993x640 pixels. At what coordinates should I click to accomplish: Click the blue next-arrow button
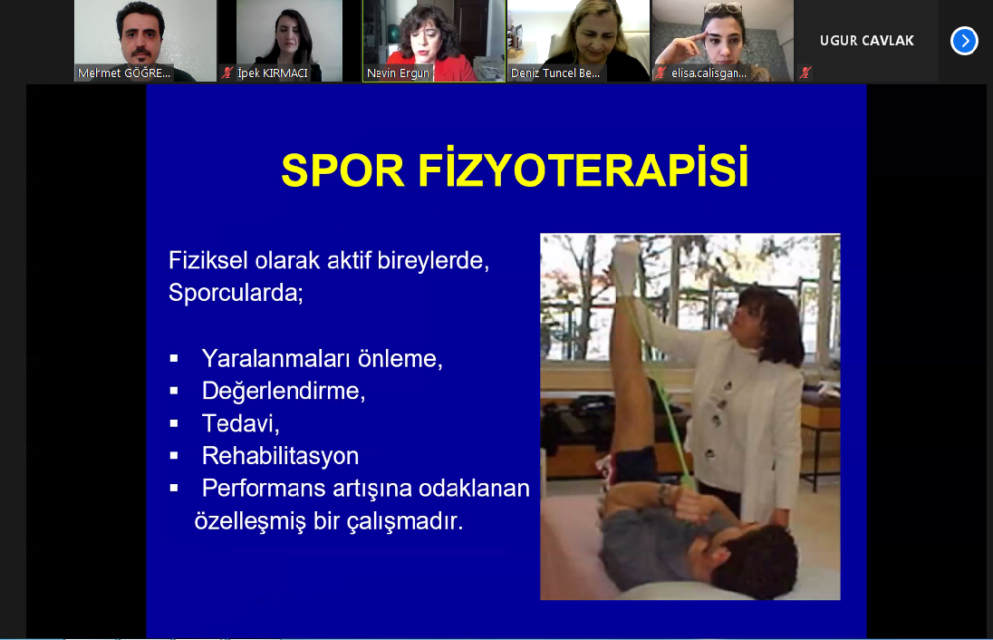click(x=964, y=41)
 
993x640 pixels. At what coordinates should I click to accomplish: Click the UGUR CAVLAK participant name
click(x=867, y=41)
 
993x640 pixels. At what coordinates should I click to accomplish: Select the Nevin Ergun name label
click(x=398, y=73)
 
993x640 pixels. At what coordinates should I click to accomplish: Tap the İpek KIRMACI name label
click(x=273, y=73)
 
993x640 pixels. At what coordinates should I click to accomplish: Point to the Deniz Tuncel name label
click(x=555, y=73)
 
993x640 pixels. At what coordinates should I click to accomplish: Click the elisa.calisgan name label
click(x=709, y=73)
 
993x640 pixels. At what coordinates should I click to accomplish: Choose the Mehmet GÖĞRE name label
click(x=124, y=73)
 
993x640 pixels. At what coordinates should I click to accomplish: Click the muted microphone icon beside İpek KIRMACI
click(x=227, y=73)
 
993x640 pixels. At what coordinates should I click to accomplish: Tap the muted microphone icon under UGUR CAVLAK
click(x=805, y=73)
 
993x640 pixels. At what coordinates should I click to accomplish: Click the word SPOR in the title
click(x=342, y=170)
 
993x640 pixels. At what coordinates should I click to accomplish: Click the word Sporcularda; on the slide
click(x=236, y=293)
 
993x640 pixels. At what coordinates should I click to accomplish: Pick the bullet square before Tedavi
click(x=174, y=423)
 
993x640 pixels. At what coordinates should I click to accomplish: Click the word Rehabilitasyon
click(x=280, y=456)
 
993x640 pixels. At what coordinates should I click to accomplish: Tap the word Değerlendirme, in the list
click(x=283, y=391)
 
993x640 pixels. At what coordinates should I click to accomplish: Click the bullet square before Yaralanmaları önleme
click(x=174, y=359)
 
